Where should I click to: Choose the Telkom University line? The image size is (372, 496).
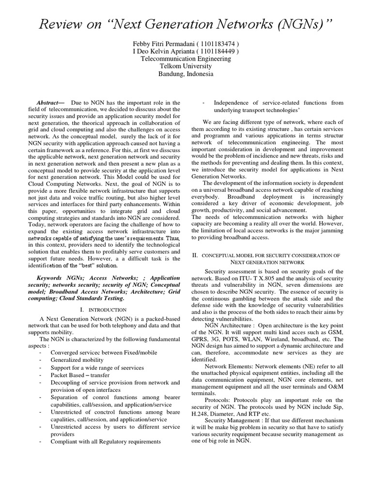click(x=186, y=66)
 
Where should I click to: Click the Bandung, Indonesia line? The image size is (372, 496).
click(x=186, y=74)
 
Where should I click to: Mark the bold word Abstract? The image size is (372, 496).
click(x=51, y=103)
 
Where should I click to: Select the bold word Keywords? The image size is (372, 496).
click(x=51, y=278)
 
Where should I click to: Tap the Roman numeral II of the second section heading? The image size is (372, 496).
click(x=194, y=255)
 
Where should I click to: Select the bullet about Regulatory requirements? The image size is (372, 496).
click(x=105, y=441)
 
